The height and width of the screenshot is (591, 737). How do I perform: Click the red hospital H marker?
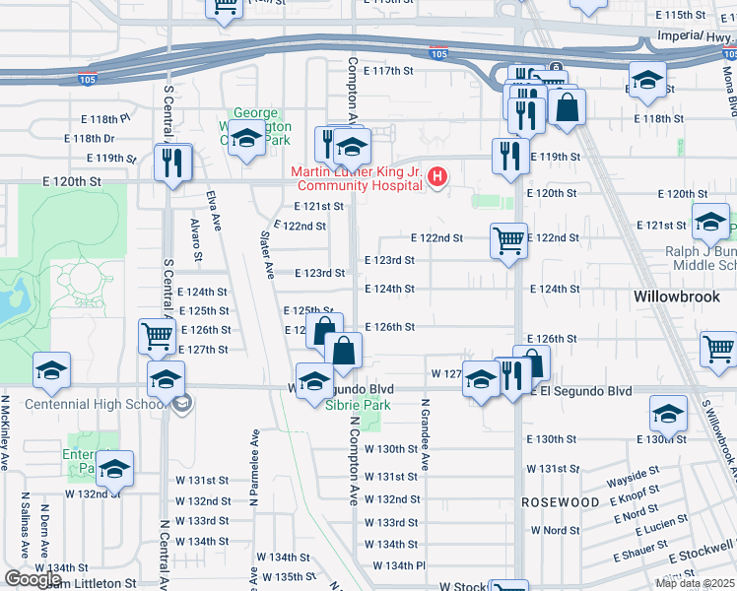coord(438,178)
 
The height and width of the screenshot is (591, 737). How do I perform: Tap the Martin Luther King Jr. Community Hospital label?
coord(357,178)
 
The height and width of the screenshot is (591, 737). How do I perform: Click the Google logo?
coord(33,579)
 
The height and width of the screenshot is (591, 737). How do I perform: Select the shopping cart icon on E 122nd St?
coord(508,239)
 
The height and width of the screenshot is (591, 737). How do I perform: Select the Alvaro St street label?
coord(194,240)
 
